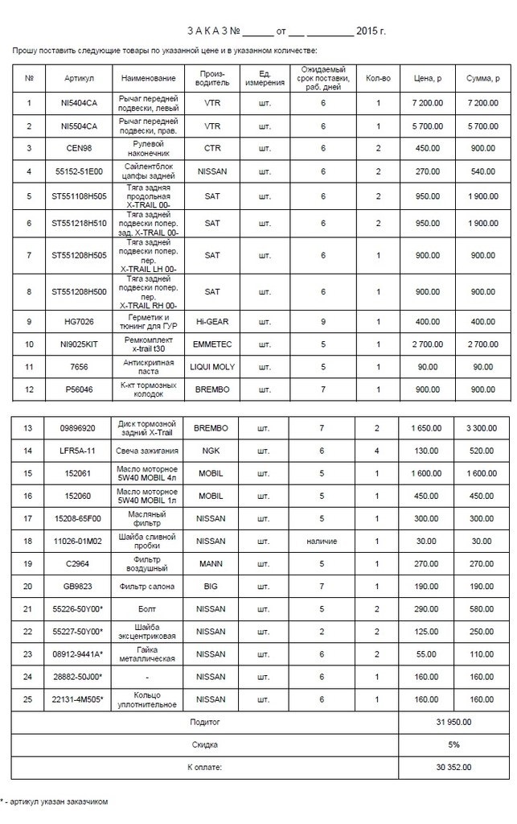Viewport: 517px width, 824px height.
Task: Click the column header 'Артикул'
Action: click(x=80, y=78)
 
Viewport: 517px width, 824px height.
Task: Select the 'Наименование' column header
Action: click(x=149, y=78)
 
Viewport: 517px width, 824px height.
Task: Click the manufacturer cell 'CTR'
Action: click(x=212, y=148)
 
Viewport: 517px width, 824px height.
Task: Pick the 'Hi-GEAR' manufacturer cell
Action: click(x=212, y=322)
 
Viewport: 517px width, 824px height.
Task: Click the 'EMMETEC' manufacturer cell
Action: click(x=212, y=344)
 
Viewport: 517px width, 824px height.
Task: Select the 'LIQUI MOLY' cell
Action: click(x=212, y=367)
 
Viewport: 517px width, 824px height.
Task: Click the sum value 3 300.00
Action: click(x=482, y=428)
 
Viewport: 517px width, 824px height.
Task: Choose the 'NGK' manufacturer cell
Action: click(x=212, y=451)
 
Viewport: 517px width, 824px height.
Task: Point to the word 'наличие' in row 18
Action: click(x=322, y=541)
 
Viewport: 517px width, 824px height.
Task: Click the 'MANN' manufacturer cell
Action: click(x=212, y=563)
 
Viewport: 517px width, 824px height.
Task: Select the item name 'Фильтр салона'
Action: click(x=149, y=586)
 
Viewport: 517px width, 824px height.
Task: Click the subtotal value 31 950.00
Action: click(x=453, y=722)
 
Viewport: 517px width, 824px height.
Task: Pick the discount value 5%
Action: click(x=453, y=744)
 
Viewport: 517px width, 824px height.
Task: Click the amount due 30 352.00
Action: click(x=453, y=767)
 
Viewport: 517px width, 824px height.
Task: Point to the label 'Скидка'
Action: click(x=205, y=744)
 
